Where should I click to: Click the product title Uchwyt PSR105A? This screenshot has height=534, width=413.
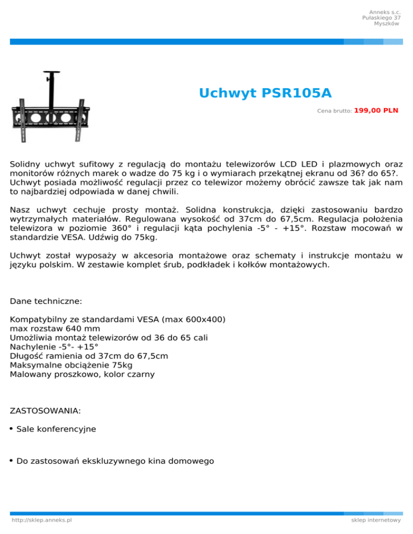pyautogui.click(x=265, y=93)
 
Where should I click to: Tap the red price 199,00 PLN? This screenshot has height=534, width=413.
pyautogui.click(x=376, y=110)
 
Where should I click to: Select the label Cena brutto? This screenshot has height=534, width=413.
pyautogui.click(x=334, y=111)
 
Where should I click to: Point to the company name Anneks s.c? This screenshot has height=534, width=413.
pyautogui.click(x=384, y=12)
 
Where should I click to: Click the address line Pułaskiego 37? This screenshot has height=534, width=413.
pyautogui.click(x=381, y=18)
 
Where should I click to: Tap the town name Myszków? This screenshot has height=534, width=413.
pyautogui.click(x=387, y=24)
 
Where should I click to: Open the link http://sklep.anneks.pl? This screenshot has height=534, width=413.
pyautogui.click(x=42, y=520)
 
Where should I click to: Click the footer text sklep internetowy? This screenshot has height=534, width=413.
pyautogui.click(x=376, y=520)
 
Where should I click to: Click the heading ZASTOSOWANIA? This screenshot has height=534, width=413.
pyautogui.click(x=46, y=411)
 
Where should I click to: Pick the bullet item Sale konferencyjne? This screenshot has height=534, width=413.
pyautogui.click(x=56, y=429)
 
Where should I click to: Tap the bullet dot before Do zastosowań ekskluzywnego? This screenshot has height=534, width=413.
pyautogui.click(x=12, y=460)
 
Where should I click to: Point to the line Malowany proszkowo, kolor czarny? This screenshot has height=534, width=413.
pyautogui.click(x=82, y=374)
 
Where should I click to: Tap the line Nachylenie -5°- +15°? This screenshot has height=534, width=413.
pyautogui.click(x=54, y=347)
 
